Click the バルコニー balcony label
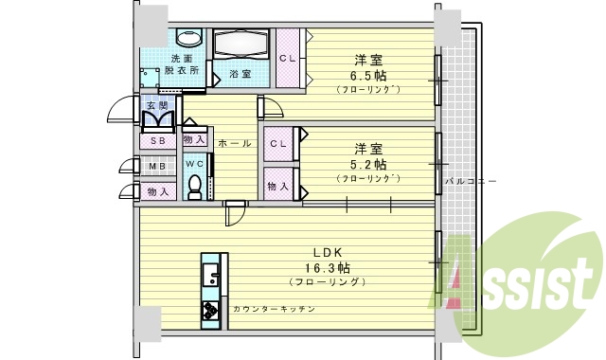(x=471, y=179)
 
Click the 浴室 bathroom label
(x=240, y=74)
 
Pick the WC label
(x=194, y=163)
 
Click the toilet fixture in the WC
(x=194, y=189)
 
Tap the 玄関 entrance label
(x=155, y=105)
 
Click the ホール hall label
(x=234, y=143)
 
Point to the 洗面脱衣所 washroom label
(x=181, y=64)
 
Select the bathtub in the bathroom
(x=241, y=44)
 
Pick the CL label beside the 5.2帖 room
(x=278, y=144)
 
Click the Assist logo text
(x=526, y=281)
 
